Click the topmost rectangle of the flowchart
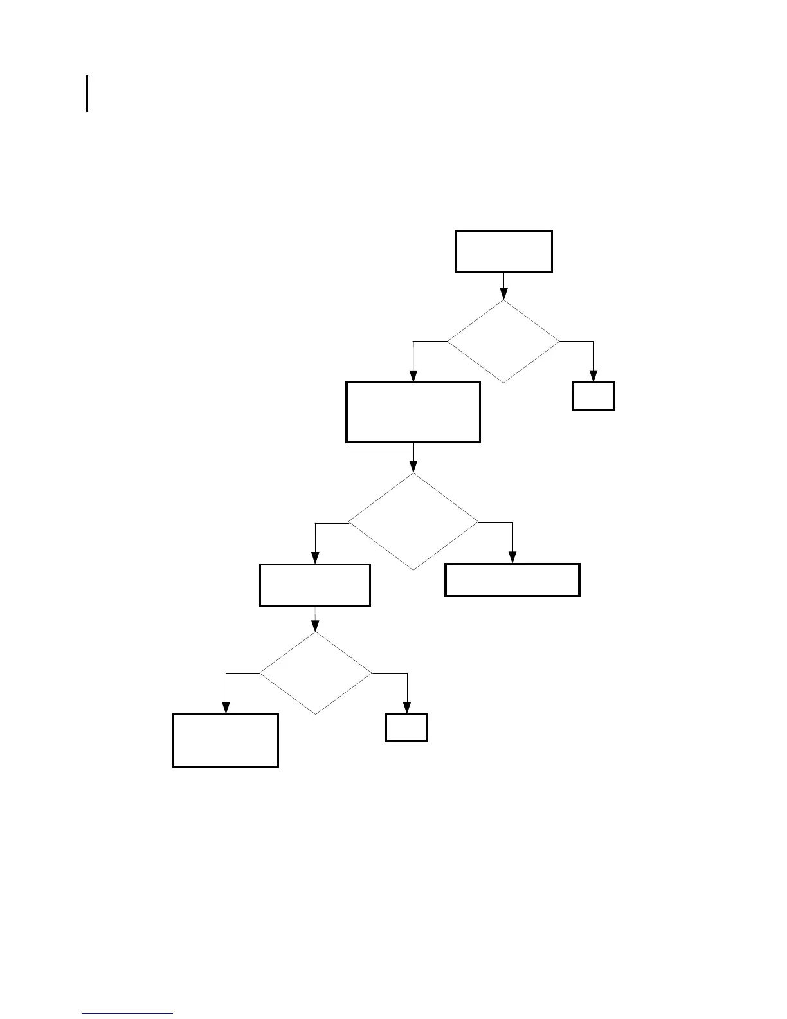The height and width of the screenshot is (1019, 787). pyautogui.click(x=503, y=251)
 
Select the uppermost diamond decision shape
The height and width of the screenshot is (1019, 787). pyautogui.click(x=503, y=342)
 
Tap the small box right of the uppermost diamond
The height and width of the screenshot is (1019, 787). pyautogui.click(x=593, y=396)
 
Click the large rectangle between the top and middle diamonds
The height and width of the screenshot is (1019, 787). pyautogui.click(x=413, y=412)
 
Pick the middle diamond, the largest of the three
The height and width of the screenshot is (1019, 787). pyautogui.click(x=413, y=522)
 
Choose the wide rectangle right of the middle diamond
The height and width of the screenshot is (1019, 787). pyautogui.click(x=512, y=580)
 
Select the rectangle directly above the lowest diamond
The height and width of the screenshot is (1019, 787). pyautogui.click(x=315, y=585)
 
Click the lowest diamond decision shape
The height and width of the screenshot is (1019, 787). pyautogui.click(x=315, y=673)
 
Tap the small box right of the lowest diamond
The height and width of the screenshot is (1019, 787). pyautogui.click(x=406, y=728)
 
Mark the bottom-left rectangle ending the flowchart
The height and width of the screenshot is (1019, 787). pyautogui.click(x=226, y=740)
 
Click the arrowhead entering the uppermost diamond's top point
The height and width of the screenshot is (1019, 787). pyautogui.click(x=503, y=295)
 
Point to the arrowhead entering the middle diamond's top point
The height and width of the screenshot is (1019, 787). pyautogui.click(x=413, y=468)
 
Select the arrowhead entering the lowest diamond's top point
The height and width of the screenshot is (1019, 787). pyautogui.click(x=315, y=627)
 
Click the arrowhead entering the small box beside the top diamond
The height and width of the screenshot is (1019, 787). pyautogui.click(x=593, y=377)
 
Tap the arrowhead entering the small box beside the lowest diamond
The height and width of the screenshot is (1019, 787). pyautogui.click(x=406, y=708)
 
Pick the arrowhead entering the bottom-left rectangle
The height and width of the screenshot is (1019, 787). pyautogui.click(x=226, y=708)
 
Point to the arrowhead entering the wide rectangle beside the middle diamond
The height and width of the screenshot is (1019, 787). pyautogui.click(x=512, y=558)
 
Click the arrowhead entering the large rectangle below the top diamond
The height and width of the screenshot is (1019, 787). pyautogui.click(x=413, y=377)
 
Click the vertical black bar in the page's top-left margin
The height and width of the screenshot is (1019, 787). pyautogui.click(x=87, y=94)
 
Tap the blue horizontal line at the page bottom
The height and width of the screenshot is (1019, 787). pyautogui.click(x=127, y=1013)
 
